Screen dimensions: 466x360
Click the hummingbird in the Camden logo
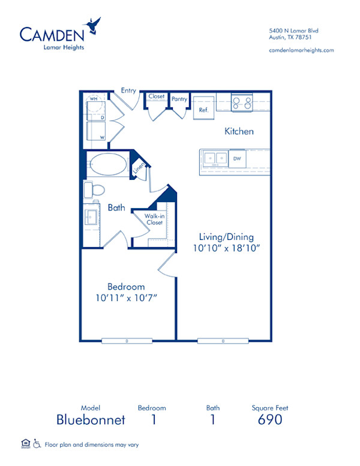93,26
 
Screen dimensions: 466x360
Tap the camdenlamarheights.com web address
302,50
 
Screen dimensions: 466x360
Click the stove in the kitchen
242,103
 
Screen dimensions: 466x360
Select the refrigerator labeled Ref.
203,107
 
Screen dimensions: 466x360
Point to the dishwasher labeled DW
237,158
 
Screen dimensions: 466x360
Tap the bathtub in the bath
108,165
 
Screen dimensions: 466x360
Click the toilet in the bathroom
94,190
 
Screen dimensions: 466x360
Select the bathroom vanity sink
92,216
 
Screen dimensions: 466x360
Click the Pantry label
179,99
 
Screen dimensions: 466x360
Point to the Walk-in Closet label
154,220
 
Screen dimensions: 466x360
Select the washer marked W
95,131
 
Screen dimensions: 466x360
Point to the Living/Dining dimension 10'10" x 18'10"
227,247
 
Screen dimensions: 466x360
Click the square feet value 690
270,419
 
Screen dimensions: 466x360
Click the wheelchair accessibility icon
37,444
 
